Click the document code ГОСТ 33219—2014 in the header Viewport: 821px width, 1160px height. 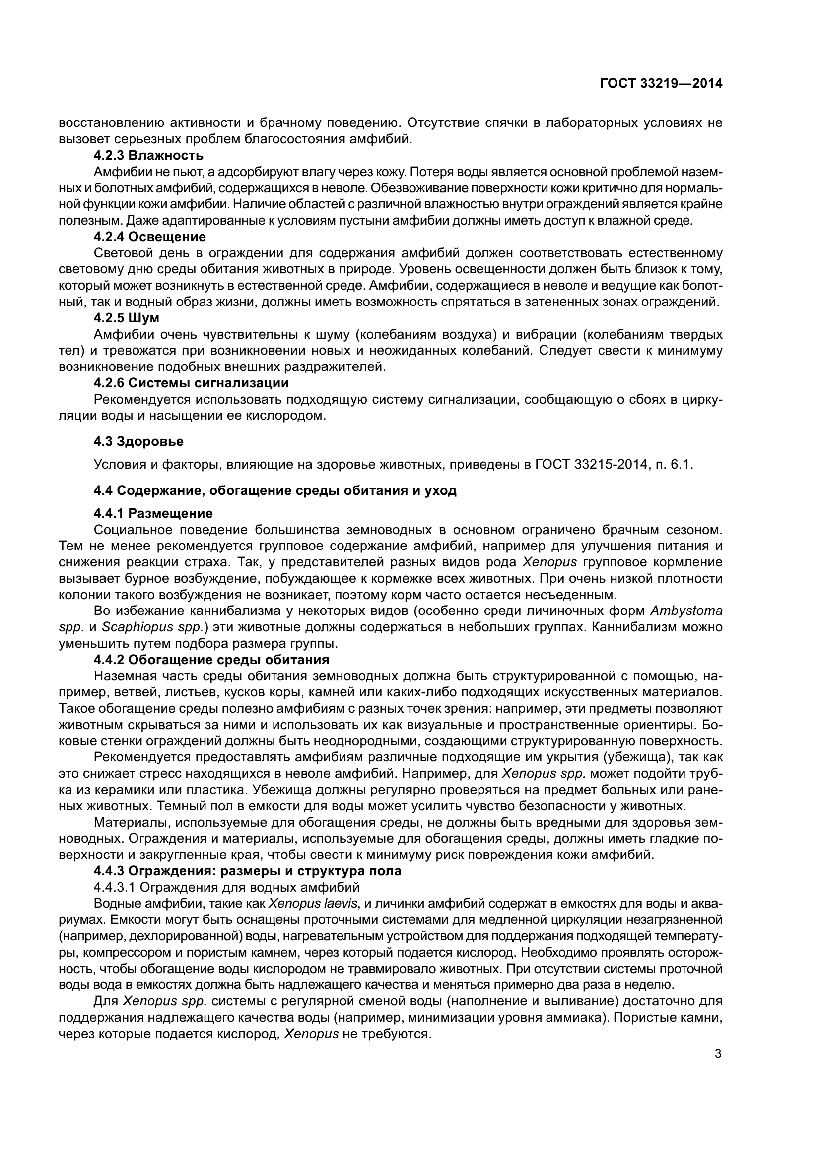click(661, 84)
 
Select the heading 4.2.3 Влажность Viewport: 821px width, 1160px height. click(148, 155)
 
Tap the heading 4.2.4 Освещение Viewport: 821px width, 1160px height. click(149, 237)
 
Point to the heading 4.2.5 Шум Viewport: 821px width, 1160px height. click(127, 318)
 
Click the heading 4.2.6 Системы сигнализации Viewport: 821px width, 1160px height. click(191, 383)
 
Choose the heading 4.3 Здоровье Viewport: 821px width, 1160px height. click(138, 441)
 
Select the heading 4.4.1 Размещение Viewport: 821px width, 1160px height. click(153, 513)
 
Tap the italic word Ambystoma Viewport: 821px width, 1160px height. click(686, 611)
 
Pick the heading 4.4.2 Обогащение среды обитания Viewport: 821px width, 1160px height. click(211, 659)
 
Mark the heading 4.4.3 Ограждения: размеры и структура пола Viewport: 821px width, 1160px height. click(247, 870)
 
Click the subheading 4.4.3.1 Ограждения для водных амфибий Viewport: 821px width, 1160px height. click(226, 887)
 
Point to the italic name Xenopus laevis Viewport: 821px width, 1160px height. click(313, 903)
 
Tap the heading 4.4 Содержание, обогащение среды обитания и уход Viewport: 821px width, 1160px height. click(275, 490)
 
